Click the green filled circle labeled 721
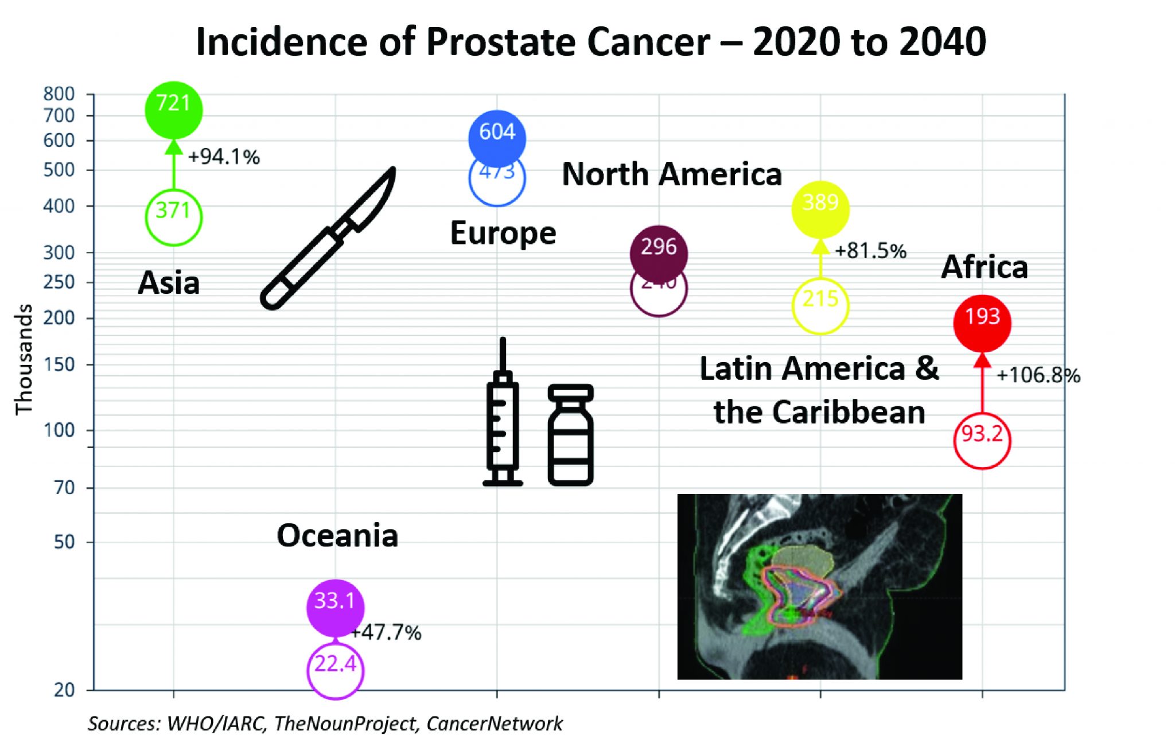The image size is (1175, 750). tap(173, 110)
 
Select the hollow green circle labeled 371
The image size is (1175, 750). tap(173, 217)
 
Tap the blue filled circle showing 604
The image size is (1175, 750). tap(497, 137)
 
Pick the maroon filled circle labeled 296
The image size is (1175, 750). tap(659, 253)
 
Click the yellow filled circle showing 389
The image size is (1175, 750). tap(820, 209)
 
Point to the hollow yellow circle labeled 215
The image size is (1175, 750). tap(820, 305)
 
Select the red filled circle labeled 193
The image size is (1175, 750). tap(982, 323)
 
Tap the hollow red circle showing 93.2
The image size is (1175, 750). tap(982, 441)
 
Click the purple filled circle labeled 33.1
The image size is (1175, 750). tap(336, 607)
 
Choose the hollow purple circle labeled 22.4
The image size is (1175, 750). tap(336, 670)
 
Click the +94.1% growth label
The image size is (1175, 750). tap(224, 157)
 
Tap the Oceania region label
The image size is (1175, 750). tap(337, 535)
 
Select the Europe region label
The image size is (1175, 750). tap(503, 233)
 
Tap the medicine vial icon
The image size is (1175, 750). tap(570, 435)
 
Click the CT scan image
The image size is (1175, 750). tap(819, 586)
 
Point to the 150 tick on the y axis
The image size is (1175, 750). tap(59, 364)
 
